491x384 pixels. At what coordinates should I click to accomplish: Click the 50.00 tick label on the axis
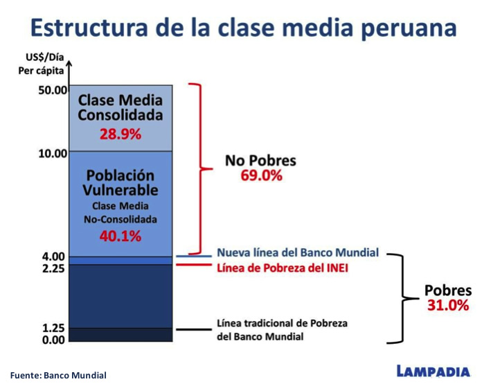(53, 90)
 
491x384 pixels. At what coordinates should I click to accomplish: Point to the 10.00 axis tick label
(53, 154)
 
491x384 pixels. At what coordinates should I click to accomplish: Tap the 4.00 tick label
(53, 256)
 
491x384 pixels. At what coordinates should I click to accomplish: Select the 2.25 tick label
(53, 268)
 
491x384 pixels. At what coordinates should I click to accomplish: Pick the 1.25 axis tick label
(53, 328)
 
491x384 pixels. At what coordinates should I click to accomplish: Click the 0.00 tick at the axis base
(53, 340)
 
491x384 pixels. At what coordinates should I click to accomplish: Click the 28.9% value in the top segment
(120, 134)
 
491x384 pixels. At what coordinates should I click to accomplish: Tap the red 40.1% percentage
(120, 236)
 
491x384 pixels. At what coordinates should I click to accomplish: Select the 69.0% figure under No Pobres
(262, 175)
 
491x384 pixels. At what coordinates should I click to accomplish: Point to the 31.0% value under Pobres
(448, 305)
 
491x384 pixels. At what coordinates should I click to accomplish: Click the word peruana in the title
(409, 28)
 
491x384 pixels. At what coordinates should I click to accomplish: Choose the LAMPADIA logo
(434, 371)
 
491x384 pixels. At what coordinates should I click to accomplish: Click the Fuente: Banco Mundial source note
(58, 375)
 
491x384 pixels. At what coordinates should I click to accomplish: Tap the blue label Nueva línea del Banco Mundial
(298, 252)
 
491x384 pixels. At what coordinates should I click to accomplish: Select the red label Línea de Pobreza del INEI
(283, 268)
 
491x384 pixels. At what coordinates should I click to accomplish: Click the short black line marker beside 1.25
(194, 329)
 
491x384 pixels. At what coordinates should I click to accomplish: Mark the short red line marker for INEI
(194, 265)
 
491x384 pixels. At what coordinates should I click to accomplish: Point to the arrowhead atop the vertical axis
(69, 63)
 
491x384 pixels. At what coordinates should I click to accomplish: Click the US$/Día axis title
(45, 58)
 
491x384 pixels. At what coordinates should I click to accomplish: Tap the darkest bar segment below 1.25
(120, 335)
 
